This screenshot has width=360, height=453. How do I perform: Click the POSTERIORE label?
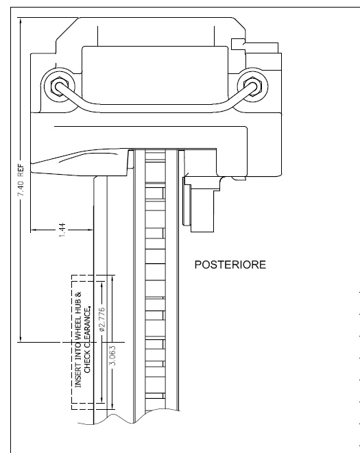[x=230, y=265]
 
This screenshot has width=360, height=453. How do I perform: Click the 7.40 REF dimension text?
[x=21, y=180]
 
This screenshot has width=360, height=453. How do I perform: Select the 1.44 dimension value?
[x=62, y=230]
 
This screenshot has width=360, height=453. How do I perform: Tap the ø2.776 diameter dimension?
[x=101, y=319]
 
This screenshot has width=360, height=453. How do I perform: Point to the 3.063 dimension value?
[x=112, y=356]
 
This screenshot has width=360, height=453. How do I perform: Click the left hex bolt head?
[x=59, y=86]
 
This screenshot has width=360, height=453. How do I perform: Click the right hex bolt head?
[x=252, y=86]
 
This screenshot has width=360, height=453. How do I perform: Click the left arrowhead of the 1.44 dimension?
[x=34, y=230]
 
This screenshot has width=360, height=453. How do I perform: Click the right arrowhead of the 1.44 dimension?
[x=90, y=230]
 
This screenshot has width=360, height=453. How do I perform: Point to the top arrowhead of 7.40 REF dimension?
[x=21, y=21]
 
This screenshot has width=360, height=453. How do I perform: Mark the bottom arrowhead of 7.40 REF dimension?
[x=21, y=338]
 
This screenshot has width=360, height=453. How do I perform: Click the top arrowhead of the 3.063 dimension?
[x=112, y=279]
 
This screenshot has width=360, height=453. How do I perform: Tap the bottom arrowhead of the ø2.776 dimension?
[x=101, y=400]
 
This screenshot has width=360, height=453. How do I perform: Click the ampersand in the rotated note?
[x=78, y=295]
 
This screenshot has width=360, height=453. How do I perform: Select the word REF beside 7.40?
[x=21, y=170]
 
